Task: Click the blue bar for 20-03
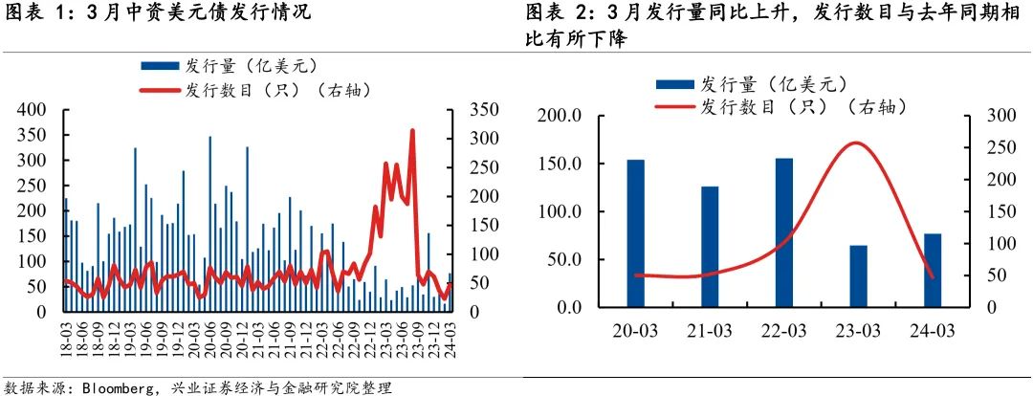pyautogui.click(x=635, y=233)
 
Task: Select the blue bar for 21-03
pyautogui.click(x=710, y=247)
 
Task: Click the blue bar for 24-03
pyautogui.click(x=933, y=271)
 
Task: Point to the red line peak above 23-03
pyautogui.click(x=857, y=143)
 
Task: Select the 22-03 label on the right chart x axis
pyautogui.click(x=784, y=331)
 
